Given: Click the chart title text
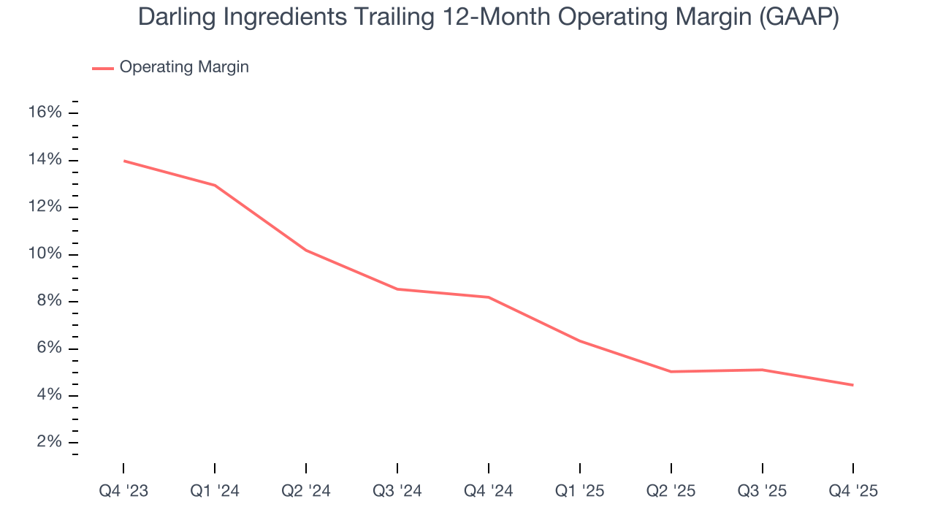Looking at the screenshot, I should [488, 18].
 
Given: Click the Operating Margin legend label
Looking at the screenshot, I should [184, 67].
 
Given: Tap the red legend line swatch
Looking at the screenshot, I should [103, 68].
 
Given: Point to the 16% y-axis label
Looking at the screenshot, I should [45, 113].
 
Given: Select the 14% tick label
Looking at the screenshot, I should [45, 160].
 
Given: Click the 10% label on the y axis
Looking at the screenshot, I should [45, 254].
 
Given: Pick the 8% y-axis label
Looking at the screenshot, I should [48, 301].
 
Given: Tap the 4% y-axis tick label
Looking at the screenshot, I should [48, 395].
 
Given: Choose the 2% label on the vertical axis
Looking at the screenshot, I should [48, 442].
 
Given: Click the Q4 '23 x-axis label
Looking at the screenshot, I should [123, 491].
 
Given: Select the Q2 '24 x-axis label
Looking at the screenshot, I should [306, 491].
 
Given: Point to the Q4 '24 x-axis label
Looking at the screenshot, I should [489, 491].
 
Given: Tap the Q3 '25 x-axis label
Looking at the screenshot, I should [762, 491].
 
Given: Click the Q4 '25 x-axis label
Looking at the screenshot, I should [853, 491].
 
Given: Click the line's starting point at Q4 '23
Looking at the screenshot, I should [123, 161].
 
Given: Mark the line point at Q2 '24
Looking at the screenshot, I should [306, 251].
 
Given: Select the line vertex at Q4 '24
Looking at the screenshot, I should [489, 297].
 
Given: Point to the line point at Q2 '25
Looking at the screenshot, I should [671, 372].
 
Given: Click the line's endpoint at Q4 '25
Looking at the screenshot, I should [852, 385].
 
